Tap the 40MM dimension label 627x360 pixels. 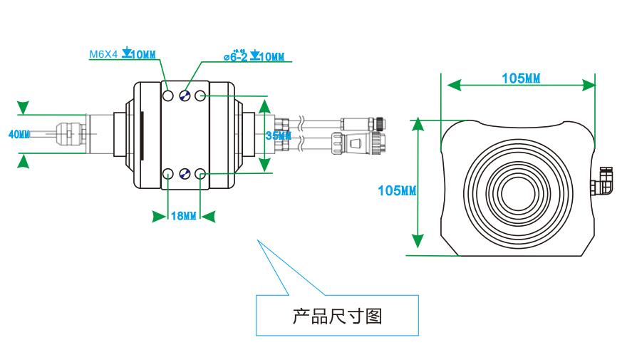(x=20, y=134)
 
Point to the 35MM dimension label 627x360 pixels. (x=279, y=135)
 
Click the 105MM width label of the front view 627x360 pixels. (x=520, y=78)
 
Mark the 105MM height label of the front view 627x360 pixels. (x=397, y=190)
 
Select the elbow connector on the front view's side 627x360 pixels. (x=605, y=181)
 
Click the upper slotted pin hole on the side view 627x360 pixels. (x=184, y=96)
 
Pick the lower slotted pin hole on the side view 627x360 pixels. (x=184, y=173)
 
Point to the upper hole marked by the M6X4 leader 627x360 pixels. (x=168, y=96)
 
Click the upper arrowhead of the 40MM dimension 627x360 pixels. (x=24, y=108)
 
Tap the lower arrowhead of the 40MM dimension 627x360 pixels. (x=24, y=162)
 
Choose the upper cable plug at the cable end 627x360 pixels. (x=363, y=121)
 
